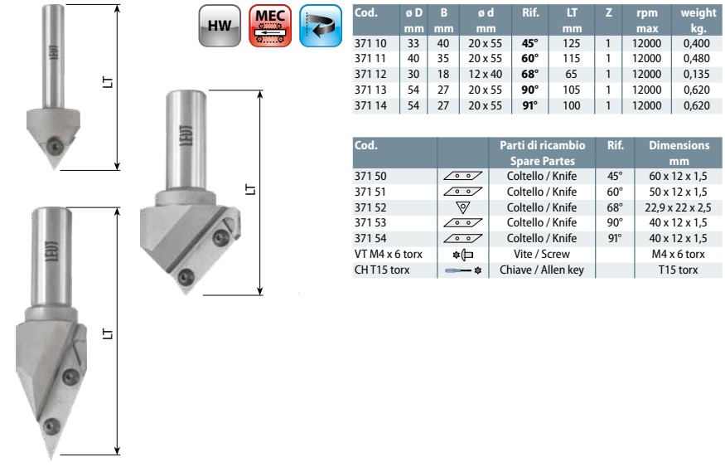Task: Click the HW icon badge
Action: [220, 26]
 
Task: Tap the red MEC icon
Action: [270, 26]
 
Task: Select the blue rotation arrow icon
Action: [321, 26]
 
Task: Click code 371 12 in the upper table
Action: [370, 74]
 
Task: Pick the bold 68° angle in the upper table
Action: [530, 74]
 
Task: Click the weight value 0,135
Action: [696, 74]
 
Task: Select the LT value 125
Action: [572, 43]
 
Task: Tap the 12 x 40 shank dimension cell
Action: [485, 74]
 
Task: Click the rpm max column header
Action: [647, 21]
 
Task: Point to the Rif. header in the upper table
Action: [530, 13]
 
